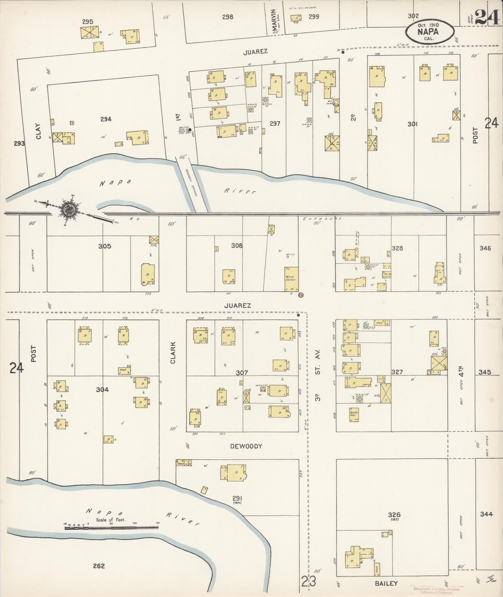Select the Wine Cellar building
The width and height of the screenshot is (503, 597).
291,279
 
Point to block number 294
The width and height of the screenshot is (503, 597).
106,119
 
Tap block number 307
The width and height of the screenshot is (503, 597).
242,373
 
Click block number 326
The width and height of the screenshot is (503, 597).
394,515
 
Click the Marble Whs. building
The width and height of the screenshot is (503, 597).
354,415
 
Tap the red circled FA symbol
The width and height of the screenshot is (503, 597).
301,294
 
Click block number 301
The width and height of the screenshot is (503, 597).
413,124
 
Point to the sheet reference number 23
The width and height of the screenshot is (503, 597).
309,581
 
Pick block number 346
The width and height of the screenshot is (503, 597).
485,248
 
